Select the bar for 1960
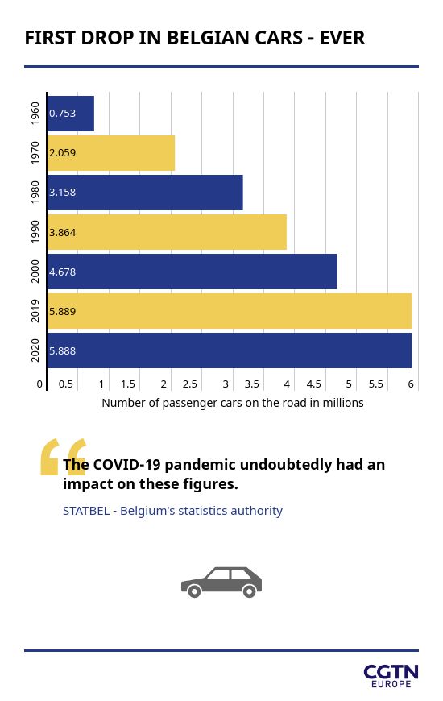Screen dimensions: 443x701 tap(71, 114)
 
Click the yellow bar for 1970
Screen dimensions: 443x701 tap(111, 153)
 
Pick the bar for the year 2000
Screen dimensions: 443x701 tap(193, 272)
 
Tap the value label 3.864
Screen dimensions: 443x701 tap(63, 233)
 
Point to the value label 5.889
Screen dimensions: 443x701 tap(63, 311)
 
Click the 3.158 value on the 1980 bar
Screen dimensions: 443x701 tap(63, 193)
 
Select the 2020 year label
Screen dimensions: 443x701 tap(35, 350)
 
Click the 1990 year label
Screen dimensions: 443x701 tap(35, 231)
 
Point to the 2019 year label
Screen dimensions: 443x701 tap(35, 311)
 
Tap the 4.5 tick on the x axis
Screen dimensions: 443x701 tap(314, 384)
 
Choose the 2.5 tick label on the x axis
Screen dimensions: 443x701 tap(190, 384)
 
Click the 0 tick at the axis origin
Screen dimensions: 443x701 tap(39, 384)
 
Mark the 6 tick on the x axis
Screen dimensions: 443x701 tap(411, 384)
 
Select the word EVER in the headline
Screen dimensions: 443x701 tap(342, 38)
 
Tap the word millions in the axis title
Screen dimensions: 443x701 tap(343, 403)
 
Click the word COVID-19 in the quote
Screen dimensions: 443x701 tap(126, 465)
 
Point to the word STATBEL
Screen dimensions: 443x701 tap(86, 511)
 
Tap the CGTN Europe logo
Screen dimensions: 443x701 tap(391, 676)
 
